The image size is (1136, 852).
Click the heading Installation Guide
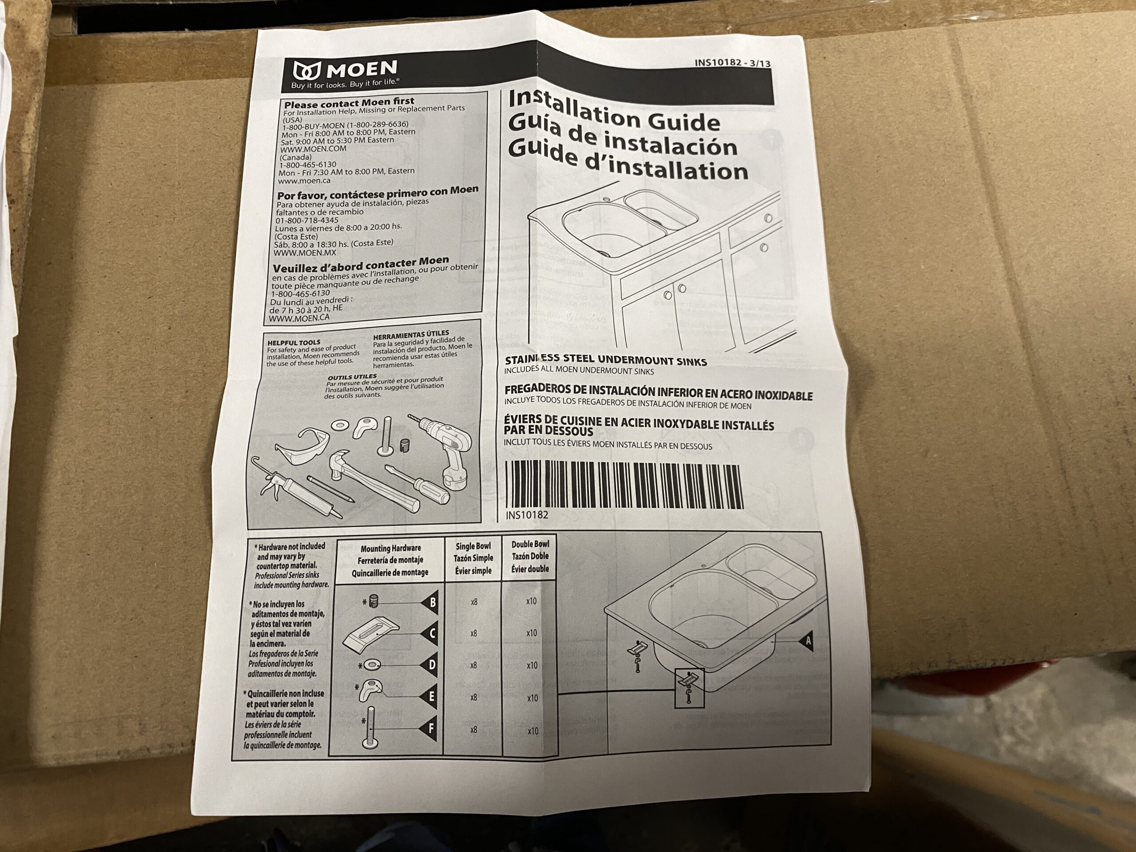(614, 112)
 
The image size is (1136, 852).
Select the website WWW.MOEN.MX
(304, 252)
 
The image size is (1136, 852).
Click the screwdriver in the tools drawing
(418, 482)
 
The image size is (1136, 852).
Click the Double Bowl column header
(530, 556)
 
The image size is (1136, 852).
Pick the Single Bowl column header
(473, 558)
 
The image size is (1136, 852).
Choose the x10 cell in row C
(532, 633)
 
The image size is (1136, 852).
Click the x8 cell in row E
(473, 698)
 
